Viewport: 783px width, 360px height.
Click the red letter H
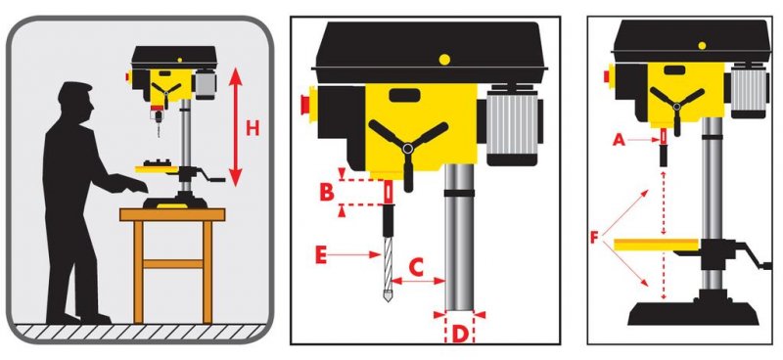tap(253, 129)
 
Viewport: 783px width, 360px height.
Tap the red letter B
tap(327, 193)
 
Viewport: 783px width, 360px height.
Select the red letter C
tap(416, 268)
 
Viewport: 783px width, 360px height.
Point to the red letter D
tap(459, 335)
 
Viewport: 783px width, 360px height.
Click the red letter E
tap(321, 255)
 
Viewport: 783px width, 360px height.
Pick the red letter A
tap(619, 141)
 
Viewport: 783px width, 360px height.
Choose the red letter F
tap(594, 237)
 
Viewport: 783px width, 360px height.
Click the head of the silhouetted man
tap(76, 103)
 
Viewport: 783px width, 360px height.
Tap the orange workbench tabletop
tap(172, 214)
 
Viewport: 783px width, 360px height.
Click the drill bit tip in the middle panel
tap(388, 299)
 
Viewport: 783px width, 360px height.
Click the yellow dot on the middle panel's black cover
tap(444, 60)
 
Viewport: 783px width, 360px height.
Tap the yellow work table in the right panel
tap(656, 245)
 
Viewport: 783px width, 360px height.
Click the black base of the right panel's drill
tap(693, 312)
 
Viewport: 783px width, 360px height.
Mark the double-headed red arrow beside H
tap(236, 127)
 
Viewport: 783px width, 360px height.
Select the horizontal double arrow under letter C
tap(419, 281)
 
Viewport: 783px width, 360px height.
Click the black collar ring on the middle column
tap(459, 193)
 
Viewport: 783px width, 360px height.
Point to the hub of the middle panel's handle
tap(408, 148)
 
